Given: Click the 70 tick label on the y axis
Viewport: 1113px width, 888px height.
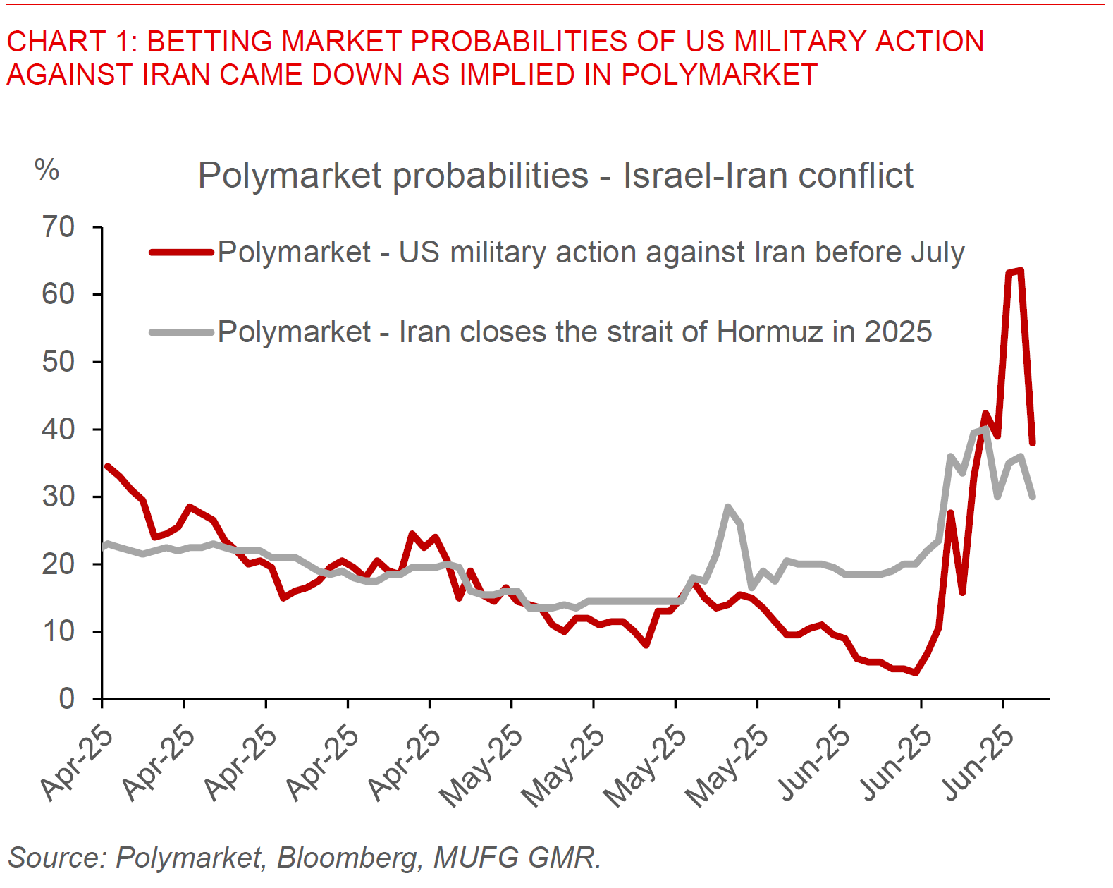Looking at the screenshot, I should coord(58,228).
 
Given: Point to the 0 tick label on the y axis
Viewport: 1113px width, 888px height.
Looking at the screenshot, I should coord(66,699).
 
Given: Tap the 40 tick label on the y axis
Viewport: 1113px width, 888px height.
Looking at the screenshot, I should coord(58,430).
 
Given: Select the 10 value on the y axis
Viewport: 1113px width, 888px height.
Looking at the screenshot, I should coord(58,632).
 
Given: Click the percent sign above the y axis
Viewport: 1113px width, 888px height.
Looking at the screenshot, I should coord(47,170).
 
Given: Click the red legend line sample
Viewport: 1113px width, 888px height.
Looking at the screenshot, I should coord(181,252).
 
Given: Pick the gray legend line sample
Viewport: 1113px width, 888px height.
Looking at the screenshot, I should coord(181,332).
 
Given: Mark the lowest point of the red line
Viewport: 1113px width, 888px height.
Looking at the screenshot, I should coord(916,672).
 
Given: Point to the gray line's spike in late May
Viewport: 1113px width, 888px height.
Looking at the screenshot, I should coord(727,507).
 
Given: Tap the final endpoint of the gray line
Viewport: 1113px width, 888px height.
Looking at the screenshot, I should coord(1033,497).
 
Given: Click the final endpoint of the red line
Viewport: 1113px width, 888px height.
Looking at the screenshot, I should coord(1033,443).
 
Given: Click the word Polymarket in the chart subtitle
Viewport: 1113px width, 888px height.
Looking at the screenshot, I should coord(293,176).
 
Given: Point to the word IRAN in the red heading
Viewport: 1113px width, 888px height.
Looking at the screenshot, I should coord(180,74).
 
